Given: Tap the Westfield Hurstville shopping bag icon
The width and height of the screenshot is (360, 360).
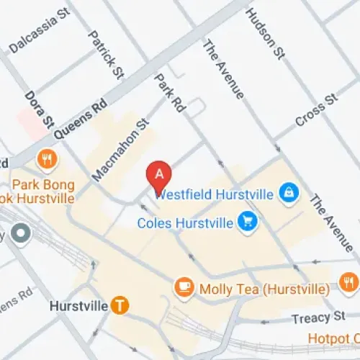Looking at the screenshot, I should pos(289,194).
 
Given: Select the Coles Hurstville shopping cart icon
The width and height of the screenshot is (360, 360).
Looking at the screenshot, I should pos(248,222).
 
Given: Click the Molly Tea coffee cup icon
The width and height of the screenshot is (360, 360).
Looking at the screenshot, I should pos(184,288).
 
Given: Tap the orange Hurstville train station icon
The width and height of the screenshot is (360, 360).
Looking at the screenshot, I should pos(120,305).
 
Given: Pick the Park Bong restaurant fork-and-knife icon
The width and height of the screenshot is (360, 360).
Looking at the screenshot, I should pos(48,159).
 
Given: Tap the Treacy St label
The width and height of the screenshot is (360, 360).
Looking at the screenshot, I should pos(319,318).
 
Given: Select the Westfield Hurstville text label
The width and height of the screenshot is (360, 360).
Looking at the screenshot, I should pos(214,194).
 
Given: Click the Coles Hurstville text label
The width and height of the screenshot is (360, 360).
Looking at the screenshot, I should pos(186,222).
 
